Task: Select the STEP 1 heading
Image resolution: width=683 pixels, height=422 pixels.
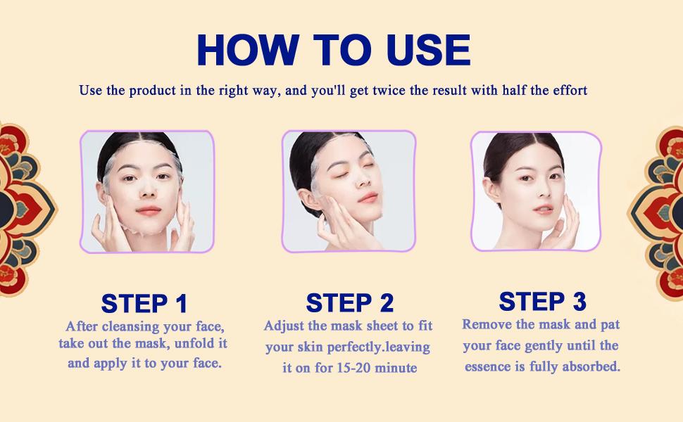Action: tap(144, 304)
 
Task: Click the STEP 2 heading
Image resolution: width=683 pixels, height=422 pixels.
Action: tap(349, 303)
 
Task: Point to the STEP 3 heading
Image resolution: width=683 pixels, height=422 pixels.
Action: tap(542, 302)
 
